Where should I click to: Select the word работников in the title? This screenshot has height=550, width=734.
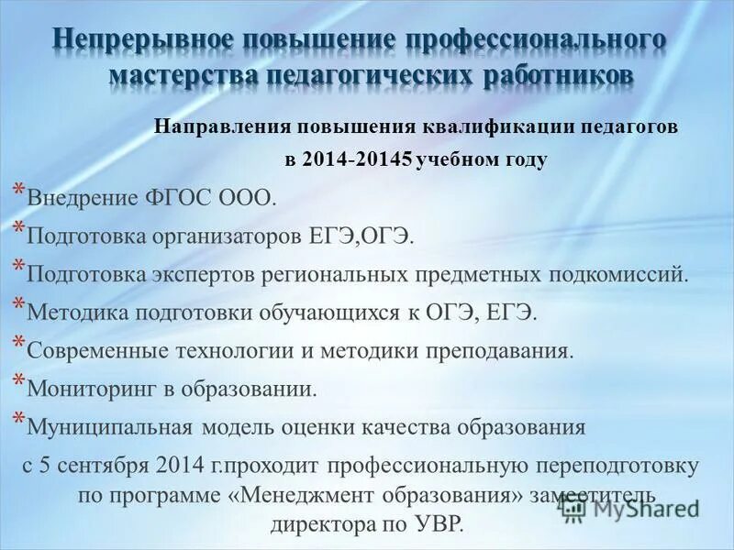[x=557, y=75]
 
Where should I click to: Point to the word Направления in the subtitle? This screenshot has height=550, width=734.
[x=209, y=127]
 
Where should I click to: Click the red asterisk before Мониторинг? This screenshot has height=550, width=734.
[x=18, y=380]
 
